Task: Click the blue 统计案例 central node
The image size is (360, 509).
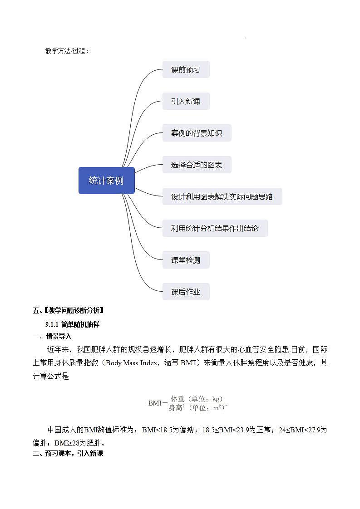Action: (106, 181)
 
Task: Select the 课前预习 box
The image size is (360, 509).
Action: (186, 70)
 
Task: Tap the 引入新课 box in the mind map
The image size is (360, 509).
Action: (186, 102)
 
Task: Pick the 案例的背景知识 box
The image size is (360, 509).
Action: (197, 133)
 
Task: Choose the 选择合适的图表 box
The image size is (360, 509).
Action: (197, 165)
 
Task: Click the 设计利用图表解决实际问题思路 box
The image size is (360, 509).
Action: (222, 197)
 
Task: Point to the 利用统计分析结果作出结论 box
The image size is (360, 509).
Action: (215, 229)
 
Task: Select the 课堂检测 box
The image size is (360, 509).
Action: (186, 260)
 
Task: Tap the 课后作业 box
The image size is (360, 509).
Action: (186, 292)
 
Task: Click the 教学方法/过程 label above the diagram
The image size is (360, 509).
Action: (67, 51)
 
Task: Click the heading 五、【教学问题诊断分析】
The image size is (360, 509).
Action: (69, 311)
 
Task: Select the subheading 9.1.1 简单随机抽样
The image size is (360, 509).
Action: (72, 324)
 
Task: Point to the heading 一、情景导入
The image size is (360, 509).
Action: (52, 337)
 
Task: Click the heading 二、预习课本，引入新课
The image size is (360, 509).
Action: (69, 453)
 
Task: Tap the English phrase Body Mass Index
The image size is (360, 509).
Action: (132, 362)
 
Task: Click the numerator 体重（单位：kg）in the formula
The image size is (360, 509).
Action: (197, 399)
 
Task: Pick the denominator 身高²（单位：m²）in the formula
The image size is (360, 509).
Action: (197, 408)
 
